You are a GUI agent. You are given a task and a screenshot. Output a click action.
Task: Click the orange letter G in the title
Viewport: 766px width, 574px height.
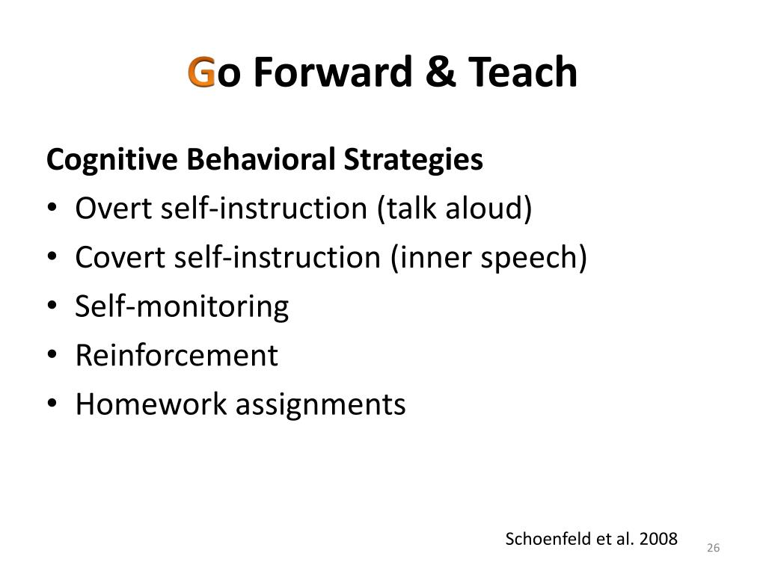tap(201, 72)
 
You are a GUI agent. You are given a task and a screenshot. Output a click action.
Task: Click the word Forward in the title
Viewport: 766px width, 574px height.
tap(333, 72)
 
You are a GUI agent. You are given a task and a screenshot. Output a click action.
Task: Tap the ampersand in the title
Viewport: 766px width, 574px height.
tap(440, 72)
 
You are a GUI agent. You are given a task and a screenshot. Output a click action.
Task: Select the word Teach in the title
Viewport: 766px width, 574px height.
tap(523, 72)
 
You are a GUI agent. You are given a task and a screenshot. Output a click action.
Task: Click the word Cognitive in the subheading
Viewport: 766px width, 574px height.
tap(112, 160)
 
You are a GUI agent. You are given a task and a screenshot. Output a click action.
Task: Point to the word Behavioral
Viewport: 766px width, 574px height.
tap(261, 159)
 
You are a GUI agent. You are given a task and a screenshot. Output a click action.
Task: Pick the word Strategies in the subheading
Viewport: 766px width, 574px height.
tap(413, 160)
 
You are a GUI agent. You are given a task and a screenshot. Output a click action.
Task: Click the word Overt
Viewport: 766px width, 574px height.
tap(114, 208)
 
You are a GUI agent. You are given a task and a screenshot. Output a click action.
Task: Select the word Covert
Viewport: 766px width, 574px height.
tap(120, 257)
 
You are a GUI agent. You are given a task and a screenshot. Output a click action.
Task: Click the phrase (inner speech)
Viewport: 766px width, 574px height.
tap(488, 258)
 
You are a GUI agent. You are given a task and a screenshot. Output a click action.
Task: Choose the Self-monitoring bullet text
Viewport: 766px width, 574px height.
tap(182, 307)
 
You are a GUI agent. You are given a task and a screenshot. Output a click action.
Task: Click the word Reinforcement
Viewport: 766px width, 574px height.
tap(177, 355)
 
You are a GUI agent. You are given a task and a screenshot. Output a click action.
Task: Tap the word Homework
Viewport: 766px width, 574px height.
tap(151, 404)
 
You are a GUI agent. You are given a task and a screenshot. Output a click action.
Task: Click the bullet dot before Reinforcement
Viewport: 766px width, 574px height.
tap(52, 355)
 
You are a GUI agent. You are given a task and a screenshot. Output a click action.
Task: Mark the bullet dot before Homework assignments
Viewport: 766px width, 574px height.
tap(52, 404)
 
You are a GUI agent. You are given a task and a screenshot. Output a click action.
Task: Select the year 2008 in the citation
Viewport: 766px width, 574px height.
tap(658, 539)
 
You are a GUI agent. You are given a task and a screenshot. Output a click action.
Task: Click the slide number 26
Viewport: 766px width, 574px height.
tap(713, 548)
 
